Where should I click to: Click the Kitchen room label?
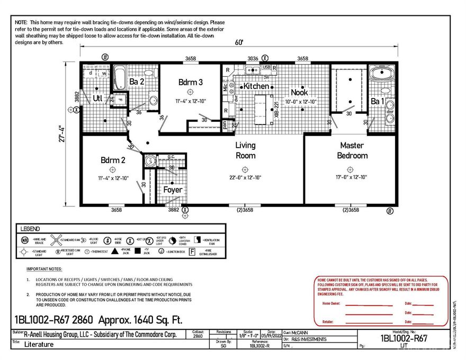(256, 86)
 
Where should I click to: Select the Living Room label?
(245, 150)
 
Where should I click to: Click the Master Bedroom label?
(353, 150)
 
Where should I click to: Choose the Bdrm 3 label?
(190, 82)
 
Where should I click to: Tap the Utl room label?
(97, 98)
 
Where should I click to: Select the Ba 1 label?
(377, 101)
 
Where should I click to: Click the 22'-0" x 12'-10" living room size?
(245, 177)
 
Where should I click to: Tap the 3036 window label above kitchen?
(253, 58)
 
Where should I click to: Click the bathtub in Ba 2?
(120, 78)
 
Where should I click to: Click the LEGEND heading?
(31, 229)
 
